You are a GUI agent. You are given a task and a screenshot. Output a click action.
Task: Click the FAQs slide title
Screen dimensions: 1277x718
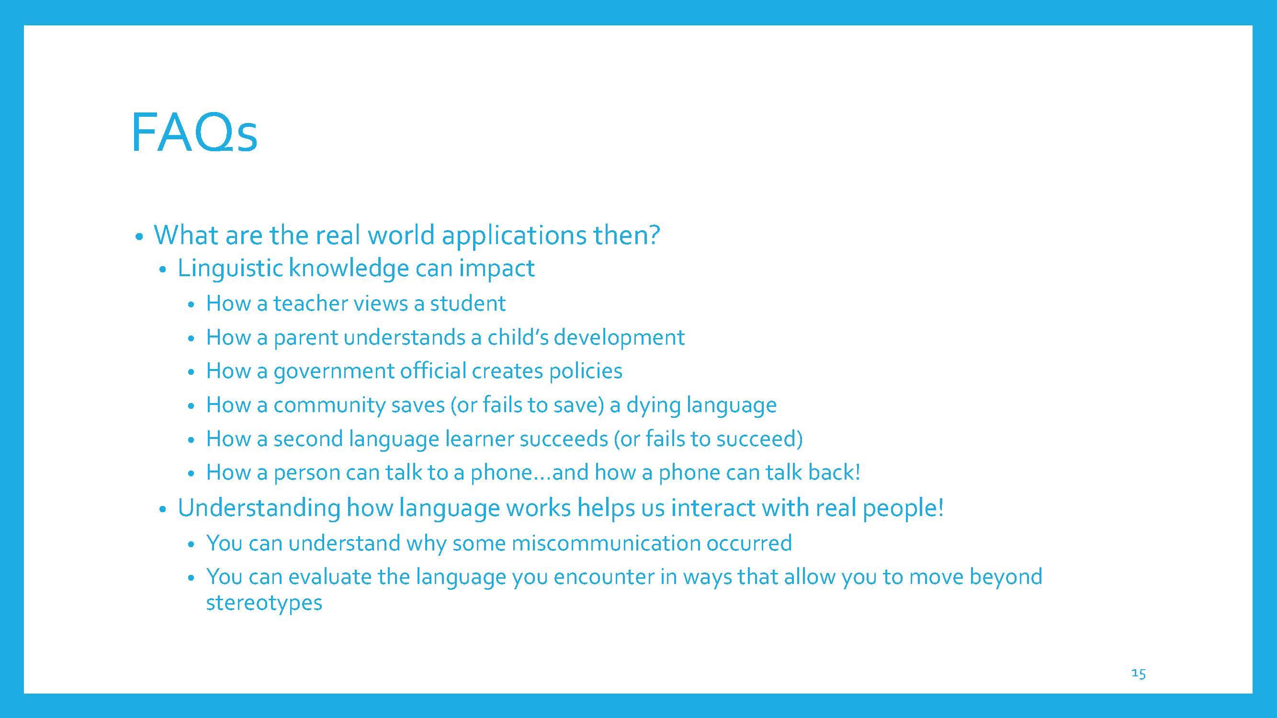pos(194,133)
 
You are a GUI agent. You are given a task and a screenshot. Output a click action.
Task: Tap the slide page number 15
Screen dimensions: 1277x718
pos(1139,673)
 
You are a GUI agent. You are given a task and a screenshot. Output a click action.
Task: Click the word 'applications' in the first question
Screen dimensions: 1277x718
pos(514,235)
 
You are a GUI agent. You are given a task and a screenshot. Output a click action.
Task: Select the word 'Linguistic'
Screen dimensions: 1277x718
pos(230,268)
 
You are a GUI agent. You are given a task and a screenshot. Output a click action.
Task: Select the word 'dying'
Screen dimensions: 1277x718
pos(653,405)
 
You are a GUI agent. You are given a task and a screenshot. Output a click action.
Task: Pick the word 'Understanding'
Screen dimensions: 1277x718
pos(259,508)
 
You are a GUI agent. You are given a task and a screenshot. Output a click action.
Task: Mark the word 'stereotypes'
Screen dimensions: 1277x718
pos(264,603)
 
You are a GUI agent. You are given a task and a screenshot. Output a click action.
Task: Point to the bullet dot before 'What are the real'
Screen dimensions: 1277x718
pos(139,237)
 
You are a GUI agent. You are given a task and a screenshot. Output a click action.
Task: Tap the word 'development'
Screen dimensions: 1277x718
pos(619,338)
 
